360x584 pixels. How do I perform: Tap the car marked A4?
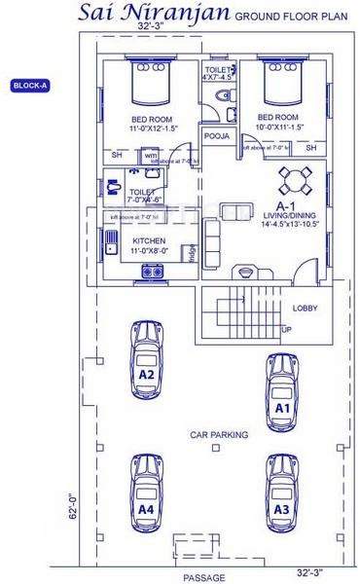point(146,493)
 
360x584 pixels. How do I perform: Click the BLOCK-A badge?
point(30,86)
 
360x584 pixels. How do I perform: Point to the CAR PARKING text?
point(219,434)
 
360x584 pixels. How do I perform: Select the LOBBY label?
point(305,309)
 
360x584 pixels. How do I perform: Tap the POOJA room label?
point(219,136)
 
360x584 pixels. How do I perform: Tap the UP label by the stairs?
point(286,330)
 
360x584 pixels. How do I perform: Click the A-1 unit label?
point(285,206)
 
